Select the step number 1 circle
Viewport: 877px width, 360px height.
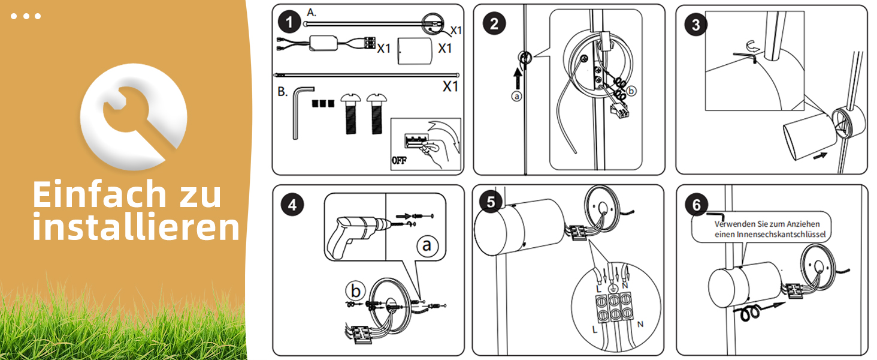pos(289,23)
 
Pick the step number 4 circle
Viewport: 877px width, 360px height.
pos(292,205)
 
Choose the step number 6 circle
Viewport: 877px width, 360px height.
pos(695,205)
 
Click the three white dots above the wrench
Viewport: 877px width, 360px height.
pos(26,16)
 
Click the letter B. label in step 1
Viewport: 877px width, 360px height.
pos(283,92)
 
